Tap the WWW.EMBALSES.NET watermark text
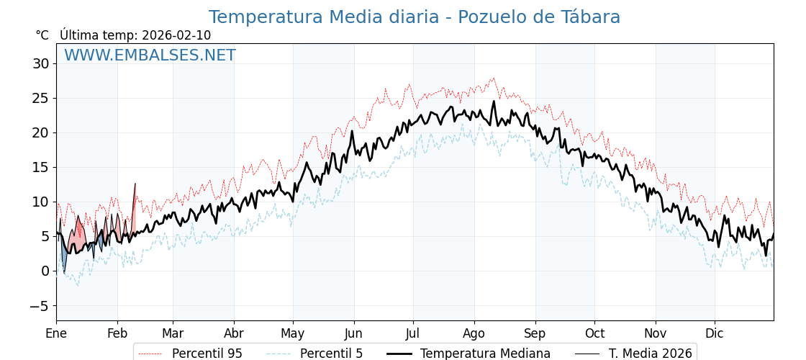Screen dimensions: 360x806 (150, 55)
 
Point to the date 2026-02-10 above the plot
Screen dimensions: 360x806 (176, 35)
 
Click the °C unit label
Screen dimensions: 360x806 (42, 35)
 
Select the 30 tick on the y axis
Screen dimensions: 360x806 (40, 63)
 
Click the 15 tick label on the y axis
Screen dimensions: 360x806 (40, 167)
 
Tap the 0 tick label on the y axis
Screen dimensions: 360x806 (45, 271)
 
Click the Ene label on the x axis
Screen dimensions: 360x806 (56, 334)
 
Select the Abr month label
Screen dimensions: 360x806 (234, 334)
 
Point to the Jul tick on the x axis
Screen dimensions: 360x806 (413, 334)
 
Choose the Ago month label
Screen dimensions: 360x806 (474, 334)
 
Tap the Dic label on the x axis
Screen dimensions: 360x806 (715, 334)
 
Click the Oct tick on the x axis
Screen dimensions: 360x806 (594, 334)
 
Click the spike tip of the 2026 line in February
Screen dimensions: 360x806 (135, 184)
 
